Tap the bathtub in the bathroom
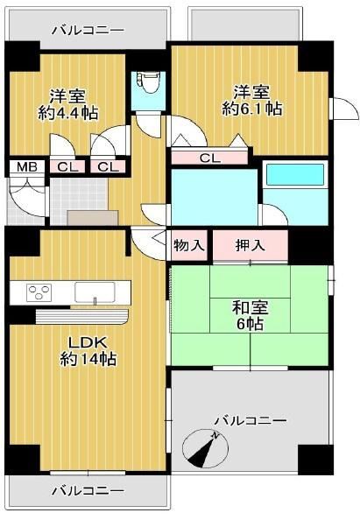point(295,175)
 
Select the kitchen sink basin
point(95,292)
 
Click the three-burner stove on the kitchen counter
point(39,292)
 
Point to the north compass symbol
point(205,449)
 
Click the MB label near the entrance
point(27,167)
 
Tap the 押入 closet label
point(250,245)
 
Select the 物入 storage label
point(189,246)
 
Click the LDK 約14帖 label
point(88,350)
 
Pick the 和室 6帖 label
point(250,315)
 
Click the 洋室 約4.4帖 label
point(68,104)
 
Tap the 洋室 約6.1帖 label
point(252,101)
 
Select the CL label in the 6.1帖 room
point(209,158)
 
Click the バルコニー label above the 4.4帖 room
point(88,31)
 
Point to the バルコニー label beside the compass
point(251,421)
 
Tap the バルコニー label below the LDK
point(88,490)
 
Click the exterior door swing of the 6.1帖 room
point(345,109)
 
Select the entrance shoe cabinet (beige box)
point(93,218)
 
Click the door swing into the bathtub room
point(274,214)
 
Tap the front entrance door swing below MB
point(27,201)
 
